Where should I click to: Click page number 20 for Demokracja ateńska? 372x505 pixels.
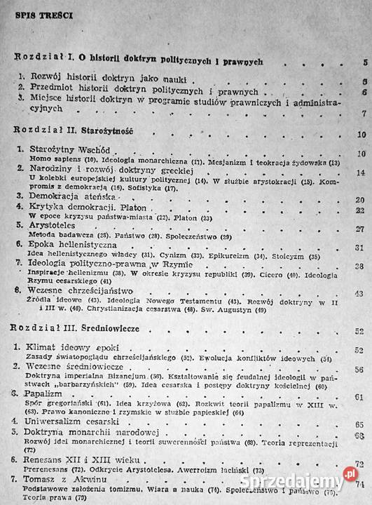[x=361, y=198]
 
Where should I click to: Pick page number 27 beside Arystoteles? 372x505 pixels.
[x=361, y=229]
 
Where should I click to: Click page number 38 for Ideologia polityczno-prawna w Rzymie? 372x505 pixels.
[x=361, y=267]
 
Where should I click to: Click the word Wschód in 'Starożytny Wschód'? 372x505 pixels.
[x=93, y=151]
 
